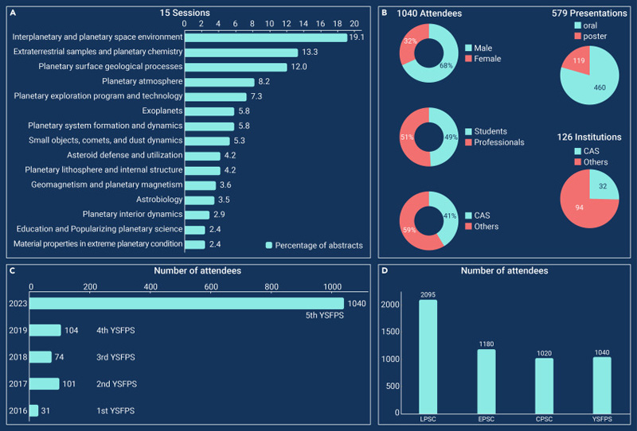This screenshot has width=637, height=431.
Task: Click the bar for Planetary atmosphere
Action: click(220, 82)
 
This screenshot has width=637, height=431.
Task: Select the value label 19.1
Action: click(356, 37)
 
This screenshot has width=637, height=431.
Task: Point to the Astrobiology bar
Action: click(200, 200)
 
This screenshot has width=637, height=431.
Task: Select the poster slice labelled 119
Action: click(578, 61)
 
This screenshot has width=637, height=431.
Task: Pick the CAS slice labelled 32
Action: click(603, 184)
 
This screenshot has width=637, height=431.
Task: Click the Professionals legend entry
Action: click(494, 142)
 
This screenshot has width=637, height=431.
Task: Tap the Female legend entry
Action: click(483, 59)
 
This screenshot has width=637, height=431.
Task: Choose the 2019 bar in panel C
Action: click(45, 330)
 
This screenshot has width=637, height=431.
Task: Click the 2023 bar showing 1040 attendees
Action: click(186, 304)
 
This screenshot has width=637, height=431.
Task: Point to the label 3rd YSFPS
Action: click(115, 357)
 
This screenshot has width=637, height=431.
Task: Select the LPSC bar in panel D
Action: click(428, 357)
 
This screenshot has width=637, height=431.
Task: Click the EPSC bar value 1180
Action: click(487, 344)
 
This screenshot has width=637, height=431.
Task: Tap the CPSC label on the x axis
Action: click(544, 419)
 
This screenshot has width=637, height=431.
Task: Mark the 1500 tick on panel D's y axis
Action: click(390, 332)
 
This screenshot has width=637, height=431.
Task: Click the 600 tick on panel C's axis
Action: click(211, 287)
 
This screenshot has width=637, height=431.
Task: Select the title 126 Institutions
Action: click(589, 138)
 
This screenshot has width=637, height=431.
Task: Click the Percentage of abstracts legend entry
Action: click(314, 246)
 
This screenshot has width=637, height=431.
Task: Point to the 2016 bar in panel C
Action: click(34, 410)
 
